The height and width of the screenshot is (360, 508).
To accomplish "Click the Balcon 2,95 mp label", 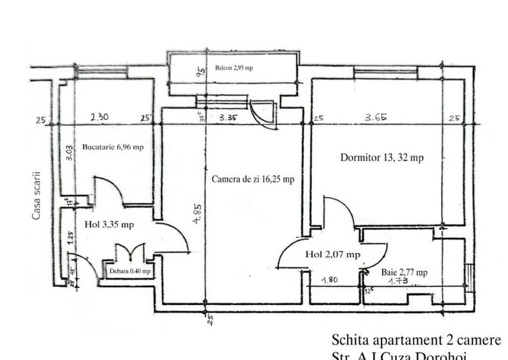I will (x=234, y=68).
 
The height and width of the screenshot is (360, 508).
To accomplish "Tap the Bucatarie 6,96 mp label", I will (x=113, y=146).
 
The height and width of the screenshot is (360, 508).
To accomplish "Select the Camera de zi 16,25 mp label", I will (x=252, y=180).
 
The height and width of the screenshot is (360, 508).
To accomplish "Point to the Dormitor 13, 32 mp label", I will (x=381, y=157).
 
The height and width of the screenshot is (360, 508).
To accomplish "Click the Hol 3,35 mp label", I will (x=109, y=224).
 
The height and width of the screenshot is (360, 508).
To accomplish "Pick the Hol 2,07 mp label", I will (x=332, y=254).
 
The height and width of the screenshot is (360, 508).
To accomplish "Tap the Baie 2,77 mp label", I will (x=404, y=272).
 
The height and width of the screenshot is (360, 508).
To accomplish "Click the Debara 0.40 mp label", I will (x=130, y=271).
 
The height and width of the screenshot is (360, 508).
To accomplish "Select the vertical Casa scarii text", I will (x=36, y=195).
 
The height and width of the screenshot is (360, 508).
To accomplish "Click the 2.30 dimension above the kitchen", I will (x=99, y=117).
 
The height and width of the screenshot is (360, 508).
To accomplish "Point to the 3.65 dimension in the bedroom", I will (x=378, y=117).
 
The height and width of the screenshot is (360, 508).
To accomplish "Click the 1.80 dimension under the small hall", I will (x=330, y=279).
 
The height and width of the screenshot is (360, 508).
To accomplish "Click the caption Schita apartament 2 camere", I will (x=416, y=340).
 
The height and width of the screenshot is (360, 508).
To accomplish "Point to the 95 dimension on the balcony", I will (x=200, y=72).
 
